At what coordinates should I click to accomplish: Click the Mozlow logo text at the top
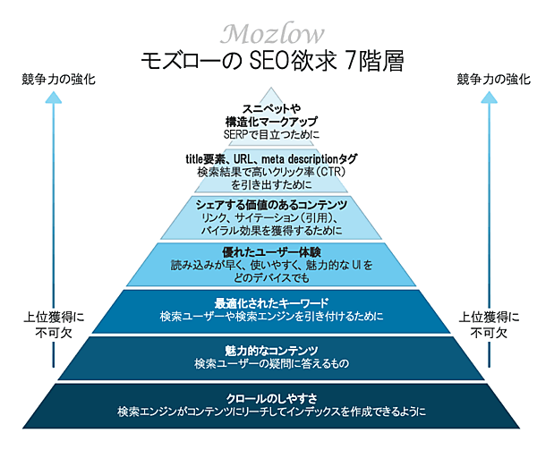coord(269,33)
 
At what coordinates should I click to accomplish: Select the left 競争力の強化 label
coord(58,80)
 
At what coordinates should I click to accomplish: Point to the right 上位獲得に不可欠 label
coord(487,323)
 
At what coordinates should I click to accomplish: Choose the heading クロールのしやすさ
coord(270,397)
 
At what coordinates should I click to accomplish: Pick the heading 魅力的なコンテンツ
coord(270,349)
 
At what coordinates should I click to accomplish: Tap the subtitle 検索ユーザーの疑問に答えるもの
coord(270,363)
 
